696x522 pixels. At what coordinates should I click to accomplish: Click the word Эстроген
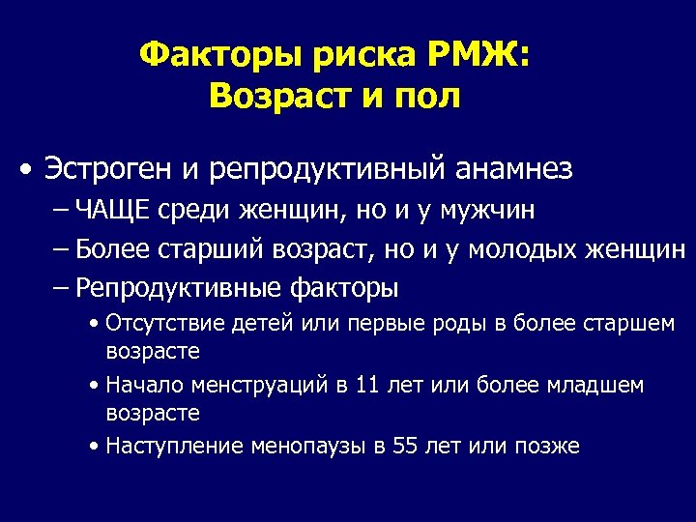click(105, 170)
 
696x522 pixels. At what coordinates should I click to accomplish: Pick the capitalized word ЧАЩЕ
click(112, 210)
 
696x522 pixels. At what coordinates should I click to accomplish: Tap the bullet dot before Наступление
click(92, 447)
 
